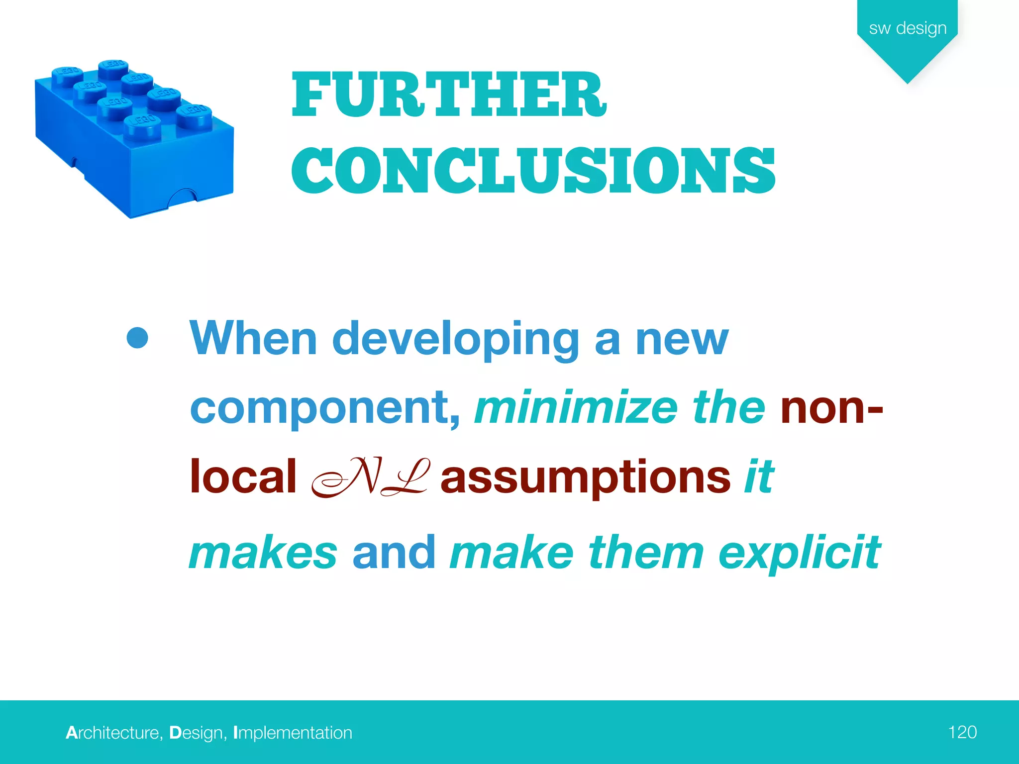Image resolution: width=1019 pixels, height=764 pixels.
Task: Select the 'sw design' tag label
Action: [x=908, y=28]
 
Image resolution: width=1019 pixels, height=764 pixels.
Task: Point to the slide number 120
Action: [x=962, y=732]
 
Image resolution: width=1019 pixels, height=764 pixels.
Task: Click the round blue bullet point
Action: [x=137, y=338]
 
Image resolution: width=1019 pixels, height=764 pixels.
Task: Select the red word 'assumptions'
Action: [x=585, y=477]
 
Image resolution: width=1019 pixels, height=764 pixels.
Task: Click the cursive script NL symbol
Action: [x=369, y=477]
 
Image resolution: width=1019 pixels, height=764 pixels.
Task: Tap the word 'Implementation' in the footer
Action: [x=293, y=733]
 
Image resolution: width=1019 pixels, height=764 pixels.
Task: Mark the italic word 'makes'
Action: [x=263, y=553]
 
